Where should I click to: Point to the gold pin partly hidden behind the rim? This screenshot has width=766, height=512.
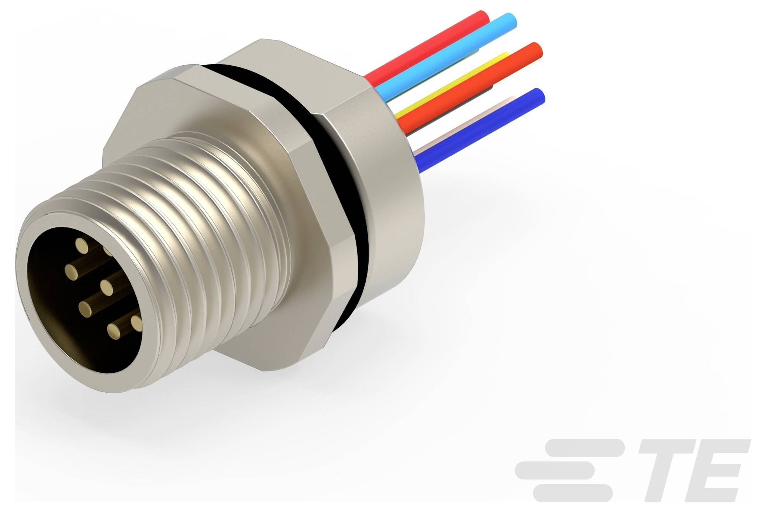tap(108, 251)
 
